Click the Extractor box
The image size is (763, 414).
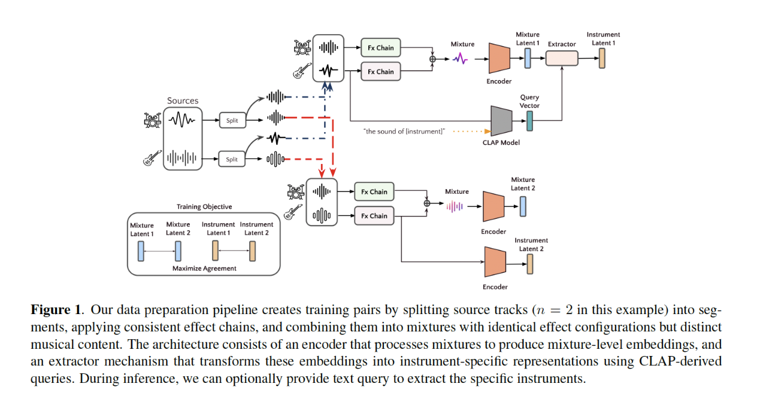[x=562, y=58]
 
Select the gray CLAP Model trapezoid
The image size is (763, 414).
[x=500, y=121]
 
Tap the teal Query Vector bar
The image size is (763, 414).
[x=529, y=121]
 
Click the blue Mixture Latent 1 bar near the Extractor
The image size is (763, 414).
[x=528, y=58]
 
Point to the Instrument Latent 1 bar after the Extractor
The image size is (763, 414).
[x=602, y=58]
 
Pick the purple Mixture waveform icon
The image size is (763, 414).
[x=461, y=58]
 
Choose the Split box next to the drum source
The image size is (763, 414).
[x=232, y=120]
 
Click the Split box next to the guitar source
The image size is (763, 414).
[x=232, y=159]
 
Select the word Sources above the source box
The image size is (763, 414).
[x=183, y=101]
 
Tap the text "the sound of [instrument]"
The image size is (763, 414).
[x=404, y=131]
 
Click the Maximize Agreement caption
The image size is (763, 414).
[x=204, y=269]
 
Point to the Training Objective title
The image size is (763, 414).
[x=204, y=207]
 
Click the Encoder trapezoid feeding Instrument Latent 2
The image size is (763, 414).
[x=495, y=261]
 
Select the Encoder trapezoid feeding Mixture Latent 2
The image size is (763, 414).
[x=493, y=206]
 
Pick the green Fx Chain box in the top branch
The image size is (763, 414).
[x=381, y=48]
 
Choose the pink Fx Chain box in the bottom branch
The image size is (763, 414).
[x=374, y=216]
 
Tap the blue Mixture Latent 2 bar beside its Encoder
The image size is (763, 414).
[x=523, y=206]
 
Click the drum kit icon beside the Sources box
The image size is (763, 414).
[x=153, y=120]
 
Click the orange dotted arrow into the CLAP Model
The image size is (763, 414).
[x=470, y=130]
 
